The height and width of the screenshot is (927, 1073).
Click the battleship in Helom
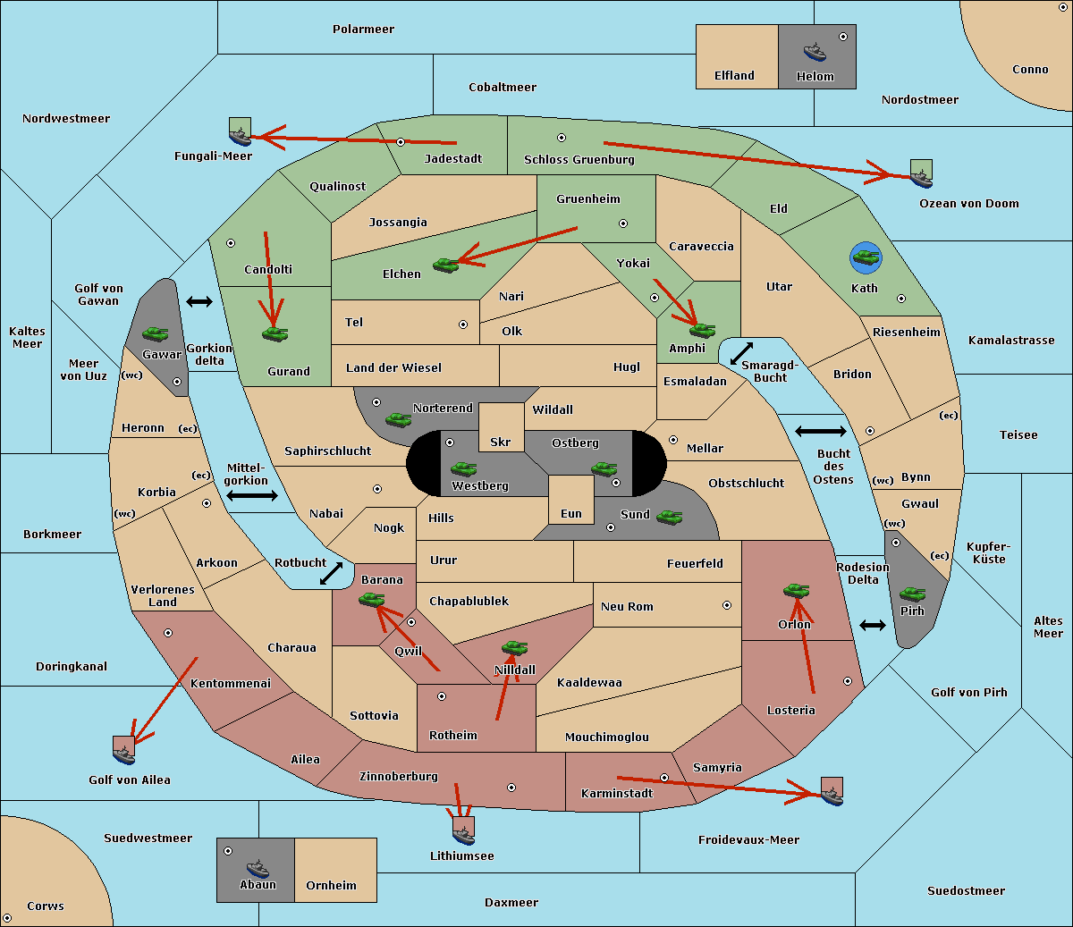pyautogui.click(x=815, y=53)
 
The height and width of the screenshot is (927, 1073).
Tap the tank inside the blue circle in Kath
pyautogui.click(x=866, y=257)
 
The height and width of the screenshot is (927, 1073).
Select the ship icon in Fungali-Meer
pyautogui.click(x=240, y=137)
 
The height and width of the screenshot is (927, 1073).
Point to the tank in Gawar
pyautogui.click(x=156, y=333)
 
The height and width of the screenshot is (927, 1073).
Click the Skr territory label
pyautogui.click(x=501, y=442)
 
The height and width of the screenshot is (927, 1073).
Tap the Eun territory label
pyautogui.click(x=571, y=513)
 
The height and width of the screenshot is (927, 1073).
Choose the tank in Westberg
pyautogui.click(x=463, y=468)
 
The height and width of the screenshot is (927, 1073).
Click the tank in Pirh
pyautogui.click(x=912, y=594)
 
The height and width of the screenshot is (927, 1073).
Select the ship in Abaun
pyautogui.click(x=258, y=869)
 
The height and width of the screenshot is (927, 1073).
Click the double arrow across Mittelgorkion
pyautogui.click(x=252, y=495)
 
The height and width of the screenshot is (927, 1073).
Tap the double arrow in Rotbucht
pyautogui.click(x=331, y=573)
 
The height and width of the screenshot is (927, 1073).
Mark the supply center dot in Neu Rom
pyautogui.click(x=727, y=605)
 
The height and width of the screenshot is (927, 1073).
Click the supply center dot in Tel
pyautogui.click(x=463, y=324)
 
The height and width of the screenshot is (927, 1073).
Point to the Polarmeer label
pyautogui.click(x=363, y=29)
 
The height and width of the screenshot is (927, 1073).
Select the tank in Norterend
pyautogui.click(x=398, y=419)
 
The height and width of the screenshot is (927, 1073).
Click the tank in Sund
pyautogui.click(x=669, y=517)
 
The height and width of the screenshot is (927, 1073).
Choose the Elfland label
pyautogui.click(x=734, y=76)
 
